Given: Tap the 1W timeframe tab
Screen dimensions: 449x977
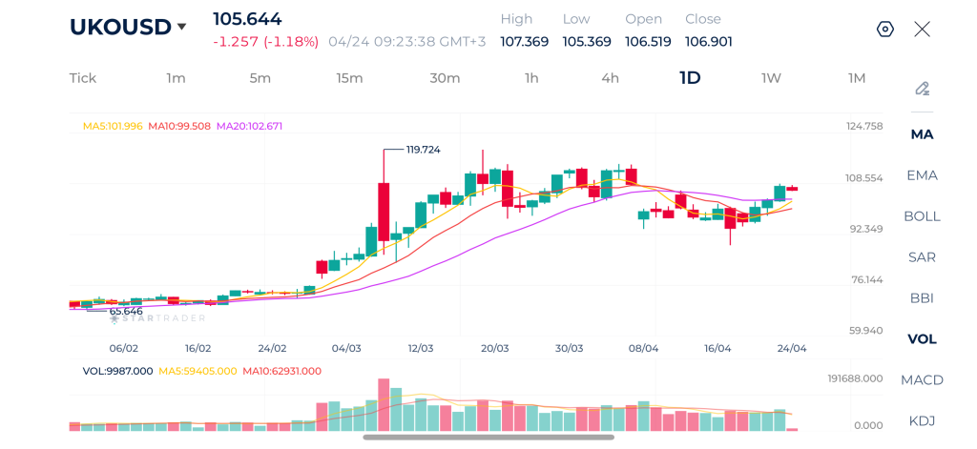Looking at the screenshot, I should click(x=771, y=78).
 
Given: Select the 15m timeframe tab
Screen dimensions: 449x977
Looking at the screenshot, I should click(x=349, y=78).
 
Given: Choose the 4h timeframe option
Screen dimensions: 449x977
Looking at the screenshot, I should click(x=610, y=78).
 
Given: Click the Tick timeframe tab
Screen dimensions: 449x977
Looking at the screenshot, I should click(x=83, y=78).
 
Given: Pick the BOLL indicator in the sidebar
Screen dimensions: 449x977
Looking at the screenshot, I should click(x=922, y=216).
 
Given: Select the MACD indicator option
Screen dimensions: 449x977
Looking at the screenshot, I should click(x=922, y=380).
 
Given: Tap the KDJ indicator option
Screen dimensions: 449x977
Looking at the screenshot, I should click(x=922, y=421).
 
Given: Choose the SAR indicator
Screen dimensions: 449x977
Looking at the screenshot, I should click(x=922, y=257).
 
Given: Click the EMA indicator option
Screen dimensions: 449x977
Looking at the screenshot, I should click(x=922, y=175).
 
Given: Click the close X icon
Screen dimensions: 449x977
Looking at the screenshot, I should click(x=922, y=30).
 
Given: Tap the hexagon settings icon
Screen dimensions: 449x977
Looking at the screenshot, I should click(x=884, y=30).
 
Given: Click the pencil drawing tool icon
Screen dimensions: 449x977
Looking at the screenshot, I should click(x=922, y=89).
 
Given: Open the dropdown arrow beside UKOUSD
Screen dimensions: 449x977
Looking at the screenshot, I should click(x=182, y=27).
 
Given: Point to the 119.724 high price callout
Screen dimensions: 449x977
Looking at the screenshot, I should click(x=423, y=150).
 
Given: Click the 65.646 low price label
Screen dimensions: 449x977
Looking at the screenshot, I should click(x=126, y=312).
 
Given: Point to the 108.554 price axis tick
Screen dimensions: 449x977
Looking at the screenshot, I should click(x=865, y=178).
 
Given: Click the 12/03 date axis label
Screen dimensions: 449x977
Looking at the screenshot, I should click(x=421, y=349).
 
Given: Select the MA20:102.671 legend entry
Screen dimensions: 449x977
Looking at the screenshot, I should click(x=249, y=126).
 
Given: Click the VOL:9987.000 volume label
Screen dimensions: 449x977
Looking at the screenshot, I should click(x=117, y=371).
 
